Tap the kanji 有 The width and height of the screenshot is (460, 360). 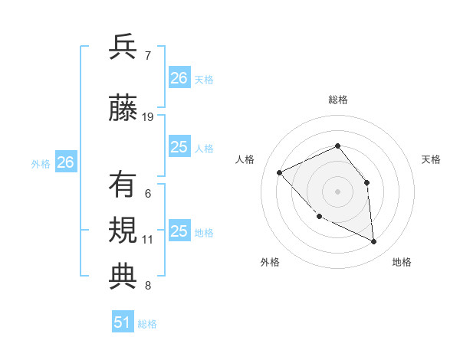(x=123, y=185)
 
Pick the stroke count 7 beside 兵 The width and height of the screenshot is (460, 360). (x=147, y=55)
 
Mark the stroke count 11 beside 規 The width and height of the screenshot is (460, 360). (x=148, y=240)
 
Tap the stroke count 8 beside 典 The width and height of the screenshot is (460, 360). (x=147, y=286)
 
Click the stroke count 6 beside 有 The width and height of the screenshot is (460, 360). (x=147, y=193)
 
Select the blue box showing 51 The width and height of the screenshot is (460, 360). (x=123, y=322)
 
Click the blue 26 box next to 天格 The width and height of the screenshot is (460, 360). (x=179, y=77)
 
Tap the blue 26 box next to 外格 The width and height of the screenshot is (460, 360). (x=66, y=162)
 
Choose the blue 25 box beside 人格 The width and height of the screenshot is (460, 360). (x=179, y=147)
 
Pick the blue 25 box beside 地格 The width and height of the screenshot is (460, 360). (x=179, y=231)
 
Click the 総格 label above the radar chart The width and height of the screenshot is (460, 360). (x=337, y=100)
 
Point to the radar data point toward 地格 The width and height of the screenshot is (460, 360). (x=374, y=242)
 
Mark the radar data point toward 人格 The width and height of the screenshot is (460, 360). (x=280, y=172)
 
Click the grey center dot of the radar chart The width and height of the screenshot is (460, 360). (x=337, y=191)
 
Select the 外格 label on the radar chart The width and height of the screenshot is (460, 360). (x=270, y=262)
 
